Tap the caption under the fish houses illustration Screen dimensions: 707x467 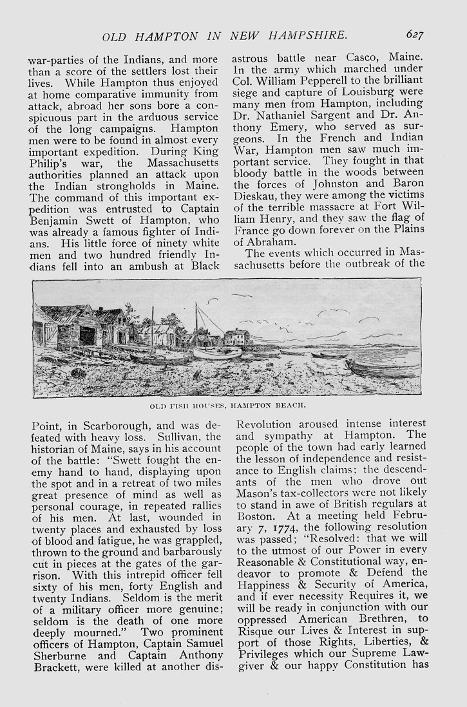227,406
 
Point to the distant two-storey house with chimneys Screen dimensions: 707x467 236,337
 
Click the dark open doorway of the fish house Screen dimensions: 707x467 88,337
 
